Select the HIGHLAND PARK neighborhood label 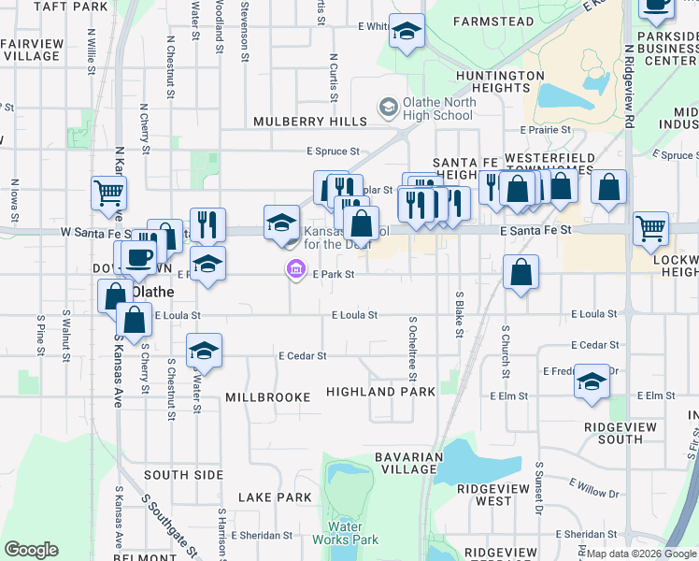click(x=380, y=392)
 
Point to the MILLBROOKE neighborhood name click(x=267, y=397)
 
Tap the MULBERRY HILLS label click(x=310, y=122)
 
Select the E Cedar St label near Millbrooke click(x=302, y=355)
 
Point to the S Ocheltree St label click(x=412, y=348)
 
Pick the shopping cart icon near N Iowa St click(x=108, y=194)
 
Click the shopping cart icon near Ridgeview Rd click(x=650, y=228)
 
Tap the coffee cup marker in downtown click(x=138, y=258)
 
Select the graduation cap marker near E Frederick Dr click(x=591, y=381)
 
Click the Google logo click(x=31, y=550)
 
